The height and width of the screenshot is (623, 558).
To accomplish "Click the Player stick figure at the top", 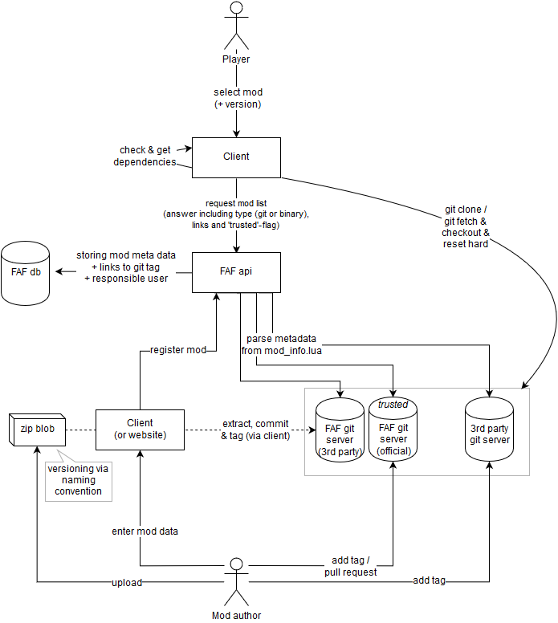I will [236, 27].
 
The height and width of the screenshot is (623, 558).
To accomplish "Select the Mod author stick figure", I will [236, 580].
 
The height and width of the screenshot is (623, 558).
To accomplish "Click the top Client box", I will [236, 157].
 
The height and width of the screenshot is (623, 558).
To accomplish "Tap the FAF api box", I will [236, 273].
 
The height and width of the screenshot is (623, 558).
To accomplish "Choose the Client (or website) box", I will [140, 430].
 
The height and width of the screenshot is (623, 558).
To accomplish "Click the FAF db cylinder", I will [25, 273].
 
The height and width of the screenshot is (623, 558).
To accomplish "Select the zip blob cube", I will [36, 429].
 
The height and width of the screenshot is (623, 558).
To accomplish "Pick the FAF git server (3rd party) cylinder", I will [340, 434].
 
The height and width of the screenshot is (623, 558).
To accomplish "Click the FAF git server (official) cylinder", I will [393, 434].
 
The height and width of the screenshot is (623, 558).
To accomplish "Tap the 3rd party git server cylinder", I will [489, 434].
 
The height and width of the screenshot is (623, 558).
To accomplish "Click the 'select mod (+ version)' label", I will [237, 98].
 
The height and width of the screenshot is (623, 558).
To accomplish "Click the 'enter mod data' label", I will [145, 531].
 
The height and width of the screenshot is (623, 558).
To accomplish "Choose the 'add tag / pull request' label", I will [356, 565].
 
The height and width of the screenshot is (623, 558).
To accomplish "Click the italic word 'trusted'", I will [393, 405].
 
